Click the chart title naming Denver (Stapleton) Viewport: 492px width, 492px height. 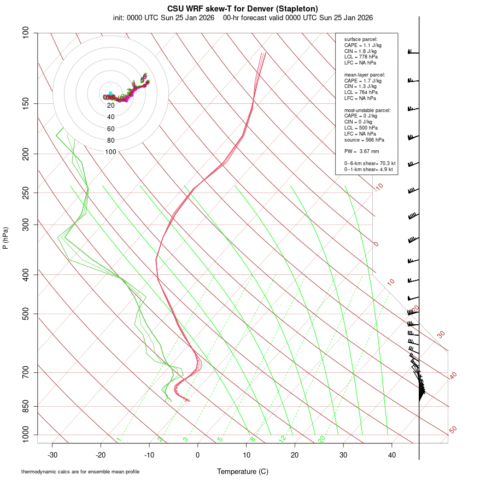243,8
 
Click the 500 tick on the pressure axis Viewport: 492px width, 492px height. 26,314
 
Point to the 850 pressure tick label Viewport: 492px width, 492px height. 26,406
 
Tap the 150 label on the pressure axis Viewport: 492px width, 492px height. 26,103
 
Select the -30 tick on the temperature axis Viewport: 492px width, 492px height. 52,455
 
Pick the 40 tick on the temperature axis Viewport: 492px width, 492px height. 392,455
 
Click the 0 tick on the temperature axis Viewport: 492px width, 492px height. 198,455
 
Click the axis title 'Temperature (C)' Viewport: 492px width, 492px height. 243,471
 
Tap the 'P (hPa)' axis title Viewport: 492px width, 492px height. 5,238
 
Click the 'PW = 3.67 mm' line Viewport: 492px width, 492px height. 361,151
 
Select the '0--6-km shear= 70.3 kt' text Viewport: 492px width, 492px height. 370,163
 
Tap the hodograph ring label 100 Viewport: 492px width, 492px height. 111,152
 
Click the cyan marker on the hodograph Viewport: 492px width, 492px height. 110,93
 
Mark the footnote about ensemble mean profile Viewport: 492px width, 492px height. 80,471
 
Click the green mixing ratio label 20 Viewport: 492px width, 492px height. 321,438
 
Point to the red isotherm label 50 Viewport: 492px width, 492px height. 453,430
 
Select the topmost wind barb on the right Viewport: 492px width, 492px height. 412,52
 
